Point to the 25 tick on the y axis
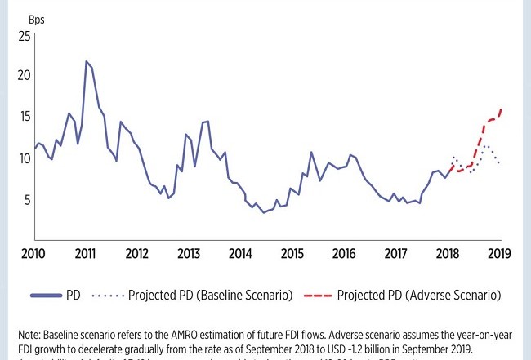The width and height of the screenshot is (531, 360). tap(24, 37)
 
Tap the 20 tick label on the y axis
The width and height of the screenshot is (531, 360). tap(24, 76)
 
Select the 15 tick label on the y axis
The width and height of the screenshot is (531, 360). tap(24, 117)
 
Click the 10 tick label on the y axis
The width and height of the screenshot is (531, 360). tap(24, 158)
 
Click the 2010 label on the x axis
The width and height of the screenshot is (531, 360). tap(33, 253)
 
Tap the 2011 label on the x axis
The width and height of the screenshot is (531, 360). tap(85, 253)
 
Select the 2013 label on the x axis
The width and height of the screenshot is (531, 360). tap(189, 253)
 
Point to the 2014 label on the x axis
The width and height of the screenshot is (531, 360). tap(240, 253)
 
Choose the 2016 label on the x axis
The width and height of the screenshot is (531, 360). tap(344, 253)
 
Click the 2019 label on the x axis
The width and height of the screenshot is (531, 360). tap(498, 253)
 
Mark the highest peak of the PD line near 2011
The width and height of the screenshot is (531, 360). tap(86, 61)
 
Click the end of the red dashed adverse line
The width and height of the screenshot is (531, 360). tap(501, 109)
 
